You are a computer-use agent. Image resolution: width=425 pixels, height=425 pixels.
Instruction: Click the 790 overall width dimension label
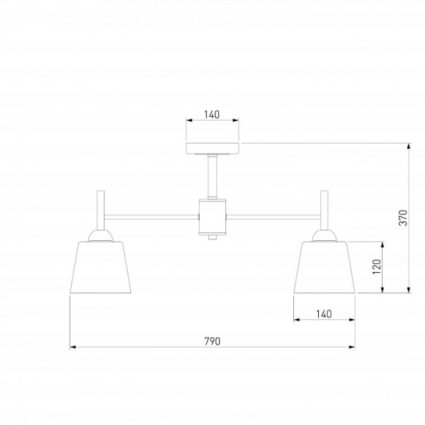[x=212, y=341]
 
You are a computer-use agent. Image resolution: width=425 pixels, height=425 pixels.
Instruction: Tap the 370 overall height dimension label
[x=403, y=217]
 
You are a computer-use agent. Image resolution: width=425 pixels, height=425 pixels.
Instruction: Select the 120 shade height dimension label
[x=377, y=266]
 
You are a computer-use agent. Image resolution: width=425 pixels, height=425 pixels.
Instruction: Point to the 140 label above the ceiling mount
[x=212, y=115]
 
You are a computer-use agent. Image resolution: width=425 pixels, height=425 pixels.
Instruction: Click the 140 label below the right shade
[x=324, y=314]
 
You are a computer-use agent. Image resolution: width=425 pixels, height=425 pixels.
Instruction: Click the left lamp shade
[x=101, y=267]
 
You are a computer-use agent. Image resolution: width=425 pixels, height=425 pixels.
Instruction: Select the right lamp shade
[x=324, y=267]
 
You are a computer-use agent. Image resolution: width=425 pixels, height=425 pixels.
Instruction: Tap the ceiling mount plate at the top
[x=212, y=148]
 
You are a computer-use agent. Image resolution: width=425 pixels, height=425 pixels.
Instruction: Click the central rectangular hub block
[x=212, y=216]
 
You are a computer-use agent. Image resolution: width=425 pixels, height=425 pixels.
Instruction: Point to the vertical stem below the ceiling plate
[x=212, y=176]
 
